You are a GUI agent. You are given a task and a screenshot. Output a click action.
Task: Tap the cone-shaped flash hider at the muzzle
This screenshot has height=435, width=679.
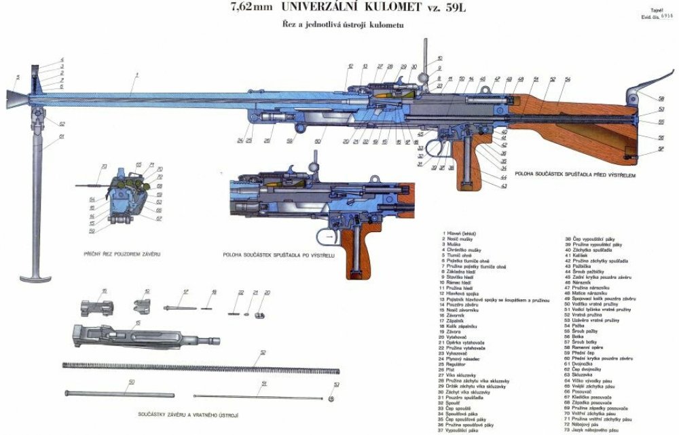(x=17, y=99)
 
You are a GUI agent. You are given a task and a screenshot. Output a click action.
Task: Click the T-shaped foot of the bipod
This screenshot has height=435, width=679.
(x=35, y=278)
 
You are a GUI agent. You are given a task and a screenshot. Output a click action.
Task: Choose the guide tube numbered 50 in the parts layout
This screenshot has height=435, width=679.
(x=119, y=394)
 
